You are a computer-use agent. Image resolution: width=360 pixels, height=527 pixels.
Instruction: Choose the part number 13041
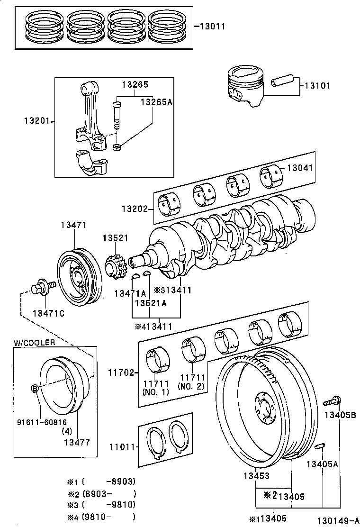click(300, 168)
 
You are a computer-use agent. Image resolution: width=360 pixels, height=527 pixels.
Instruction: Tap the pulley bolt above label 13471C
click(43, 287)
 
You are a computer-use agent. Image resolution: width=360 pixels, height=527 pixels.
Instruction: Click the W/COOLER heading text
click(34, 342)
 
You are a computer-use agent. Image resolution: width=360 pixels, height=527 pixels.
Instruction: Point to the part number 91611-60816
click(42, 422)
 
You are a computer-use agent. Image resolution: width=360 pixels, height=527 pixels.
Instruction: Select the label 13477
click(77, 442)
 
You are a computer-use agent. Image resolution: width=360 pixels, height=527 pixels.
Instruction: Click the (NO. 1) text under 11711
click(156, 392)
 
